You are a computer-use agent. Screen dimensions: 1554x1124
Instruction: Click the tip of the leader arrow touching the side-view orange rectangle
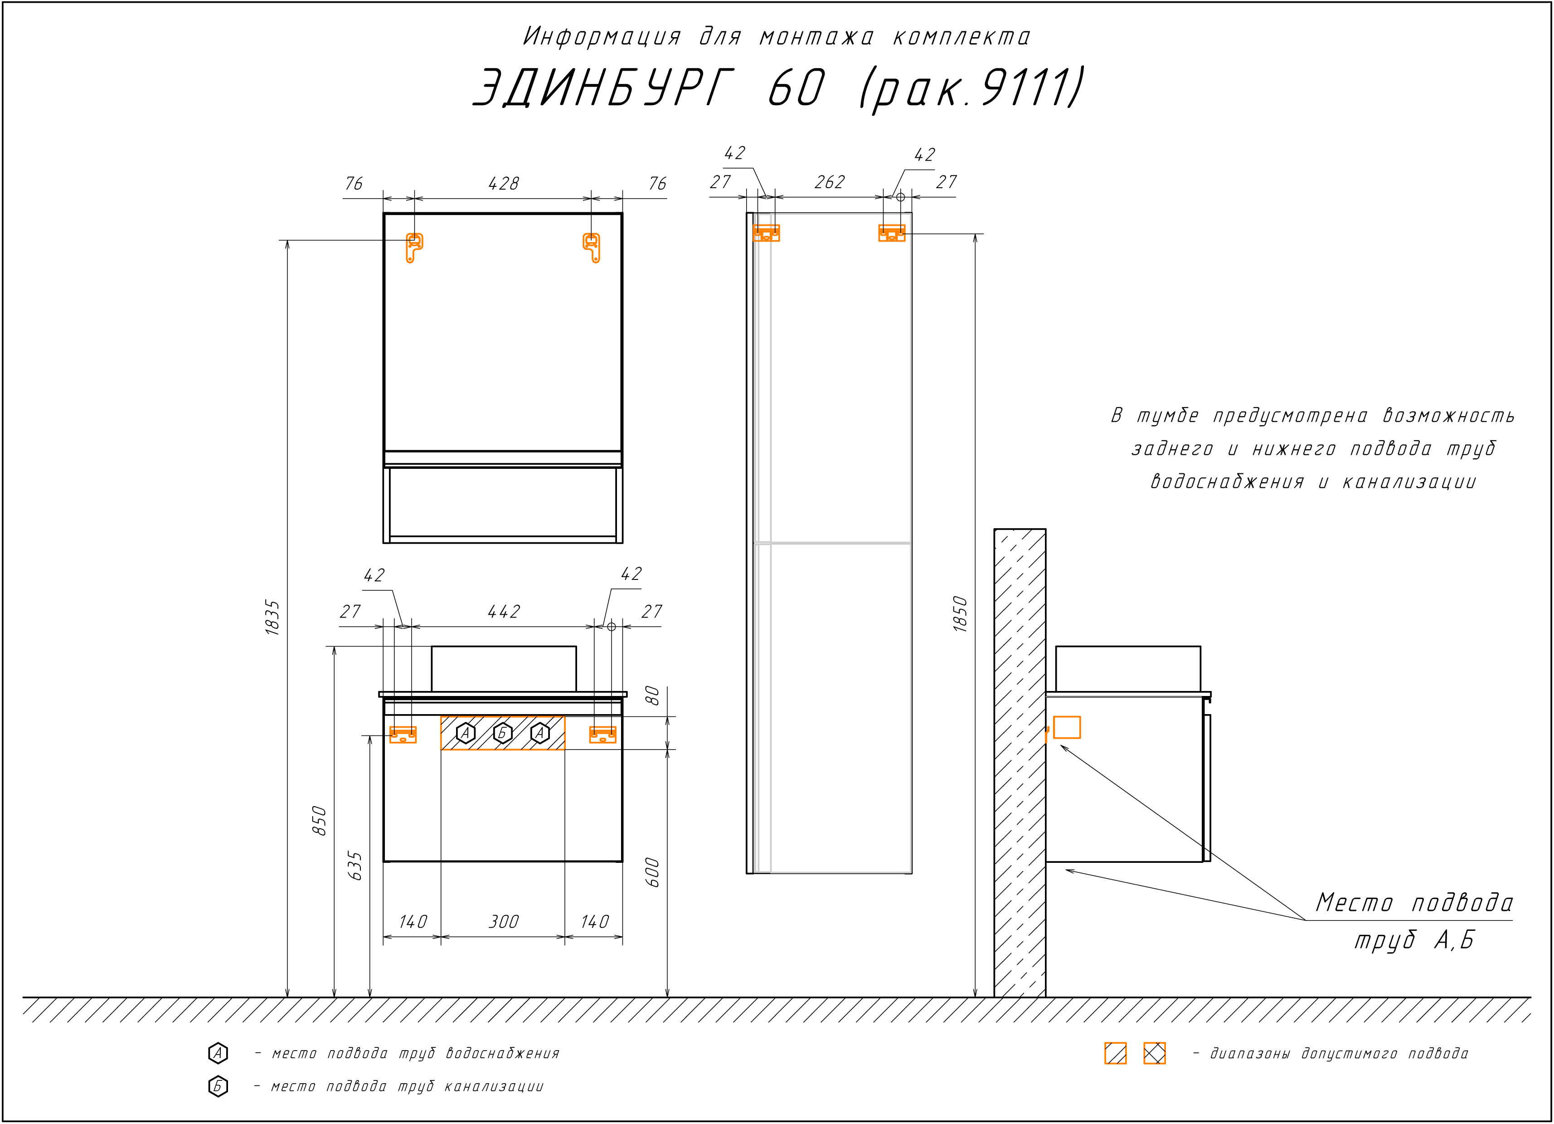point(1061,744)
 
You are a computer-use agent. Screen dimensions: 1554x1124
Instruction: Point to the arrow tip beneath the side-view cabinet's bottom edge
point(1065,870)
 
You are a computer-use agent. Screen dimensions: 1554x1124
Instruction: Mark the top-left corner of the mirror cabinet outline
point(384,213)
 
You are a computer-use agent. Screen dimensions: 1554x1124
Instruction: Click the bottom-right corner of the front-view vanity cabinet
point(622,861)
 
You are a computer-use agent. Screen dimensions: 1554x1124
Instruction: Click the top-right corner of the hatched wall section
point(1045,529)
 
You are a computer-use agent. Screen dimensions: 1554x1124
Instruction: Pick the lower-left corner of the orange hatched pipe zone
point(441,750)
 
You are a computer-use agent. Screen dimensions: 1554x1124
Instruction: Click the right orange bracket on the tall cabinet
point(891,233)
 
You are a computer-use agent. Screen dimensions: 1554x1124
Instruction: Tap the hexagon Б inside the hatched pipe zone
point(503,733)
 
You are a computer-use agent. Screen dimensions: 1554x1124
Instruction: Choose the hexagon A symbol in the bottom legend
point(218,1053)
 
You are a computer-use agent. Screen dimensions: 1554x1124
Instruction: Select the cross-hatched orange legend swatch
point(1155,1053)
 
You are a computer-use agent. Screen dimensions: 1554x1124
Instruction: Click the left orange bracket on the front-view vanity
point(403,735)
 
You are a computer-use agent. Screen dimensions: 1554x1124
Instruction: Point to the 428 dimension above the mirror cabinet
point(504,184)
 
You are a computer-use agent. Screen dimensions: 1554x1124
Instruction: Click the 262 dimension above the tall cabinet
point(830,182)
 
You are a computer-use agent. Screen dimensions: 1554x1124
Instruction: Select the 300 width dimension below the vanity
point(504,921)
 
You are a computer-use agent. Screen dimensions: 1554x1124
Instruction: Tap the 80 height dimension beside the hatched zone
point(652,696)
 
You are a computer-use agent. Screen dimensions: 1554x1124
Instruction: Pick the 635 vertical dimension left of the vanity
point(355,866)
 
